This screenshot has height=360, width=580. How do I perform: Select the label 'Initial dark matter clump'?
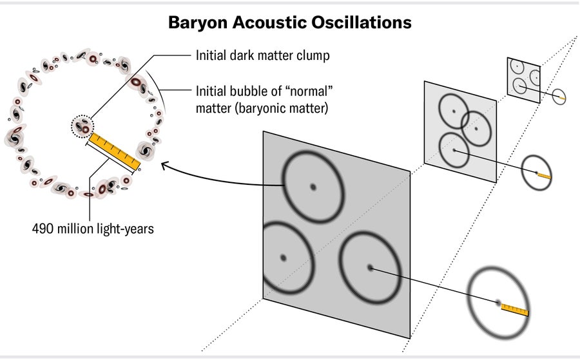tap(263, 55)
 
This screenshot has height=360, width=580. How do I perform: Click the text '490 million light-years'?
tap(93, 229)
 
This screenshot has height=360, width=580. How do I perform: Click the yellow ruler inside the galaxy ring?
tap(114, 151)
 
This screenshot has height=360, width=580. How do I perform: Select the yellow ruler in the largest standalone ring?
tap(515, 310)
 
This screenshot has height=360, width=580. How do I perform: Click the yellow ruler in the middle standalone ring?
tap(544, 175)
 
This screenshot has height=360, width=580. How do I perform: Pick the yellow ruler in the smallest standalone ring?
tap(562, 98)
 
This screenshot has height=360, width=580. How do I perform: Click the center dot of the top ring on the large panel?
tap(313, 187)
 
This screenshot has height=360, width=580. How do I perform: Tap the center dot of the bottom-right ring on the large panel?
tap(370, 268)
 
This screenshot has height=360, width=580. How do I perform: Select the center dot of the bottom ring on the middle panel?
tap(454, 151)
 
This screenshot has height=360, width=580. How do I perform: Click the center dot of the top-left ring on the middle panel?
tap(454, 112)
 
